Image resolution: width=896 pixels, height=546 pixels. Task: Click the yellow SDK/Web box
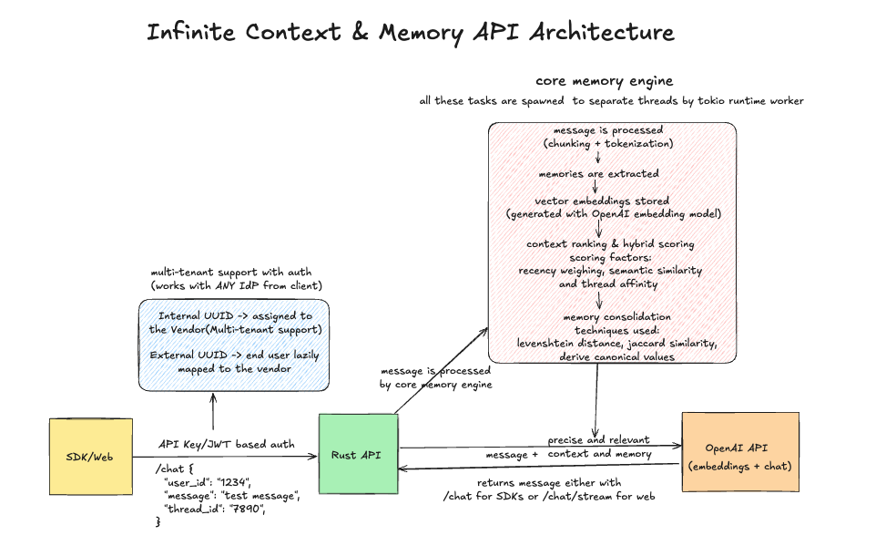pos(90,456)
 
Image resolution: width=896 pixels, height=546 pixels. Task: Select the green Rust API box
pos(358,454)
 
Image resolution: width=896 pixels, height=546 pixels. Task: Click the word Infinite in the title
pos(189,33)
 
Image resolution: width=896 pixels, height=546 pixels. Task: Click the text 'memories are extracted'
pos(597,172)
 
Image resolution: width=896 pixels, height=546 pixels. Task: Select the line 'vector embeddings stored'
pos(601,201)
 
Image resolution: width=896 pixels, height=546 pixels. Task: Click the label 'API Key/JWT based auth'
pos(226,444)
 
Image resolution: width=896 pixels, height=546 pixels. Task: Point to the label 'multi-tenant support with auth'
pos(230,272)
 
